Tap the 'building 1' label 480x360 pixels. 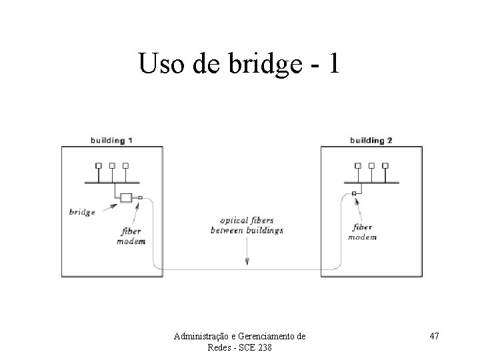coord(112,140)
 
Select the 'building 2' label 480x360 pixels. coord(371,140)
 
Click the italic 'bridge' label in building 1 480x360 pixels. coord(83,212)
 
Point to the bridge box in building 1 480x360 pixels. coord(125,197)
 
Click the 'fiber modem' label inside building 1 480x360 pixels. coord(131,237)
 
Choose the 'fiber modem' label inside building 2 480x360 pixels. coord(363,232)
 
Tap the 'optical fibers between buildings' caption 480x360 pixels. coord(247,225)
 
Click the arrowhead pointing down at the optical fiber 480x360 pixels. coord(247,262)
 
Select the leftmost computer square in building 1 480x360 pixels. coord(98,165)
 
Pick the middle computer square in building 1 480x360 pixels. coord(112,165)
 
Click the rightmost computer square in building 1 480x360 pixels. coord(125,165)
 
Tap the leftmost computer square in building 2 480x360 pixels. coord(357,165)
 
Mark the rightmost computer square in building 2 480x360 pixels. coord(385,165)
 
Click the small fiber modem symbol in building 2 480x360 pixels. coord(355,193)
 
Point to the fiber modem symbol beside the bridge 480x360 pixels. coord(140,197)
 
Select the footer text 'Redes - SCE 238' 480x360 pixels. coord(239,347)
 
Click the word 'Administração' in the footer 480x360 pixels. coord(201,337)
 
